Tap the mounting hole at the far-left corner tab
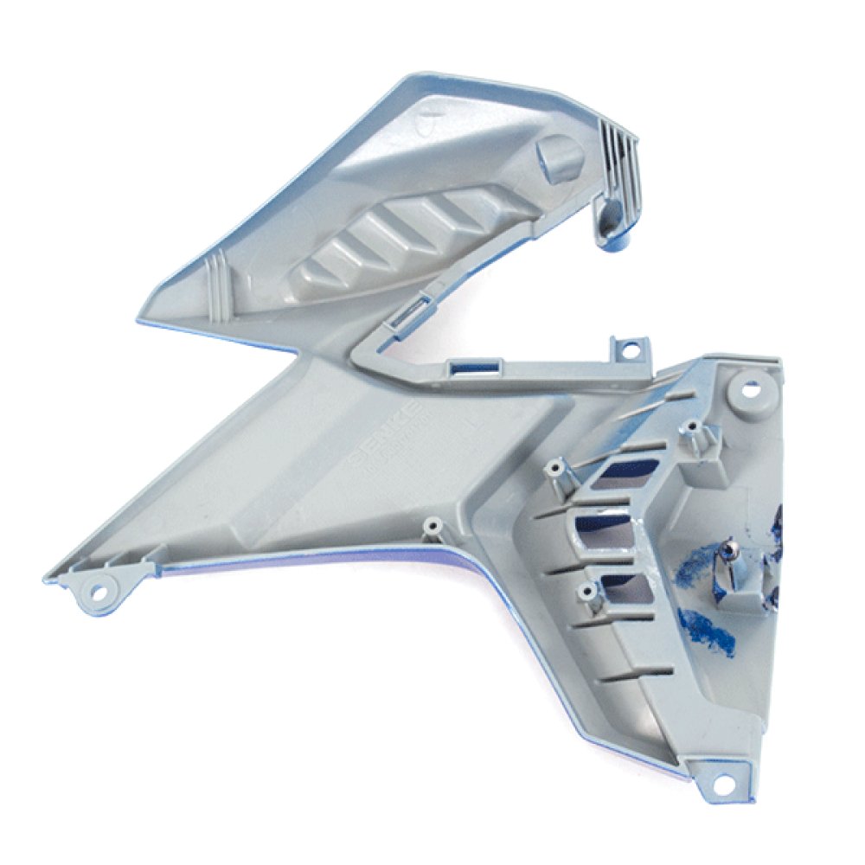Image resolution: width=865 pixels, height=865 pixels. point(99,591)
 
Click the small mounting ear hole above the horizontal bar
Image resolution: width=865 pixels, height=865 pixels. point(630,350)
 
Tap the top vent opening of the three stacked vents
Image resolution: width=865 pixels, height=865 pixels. point(619,471)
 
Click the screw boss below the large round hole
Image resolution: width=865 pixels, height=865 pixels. point(692,432)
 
